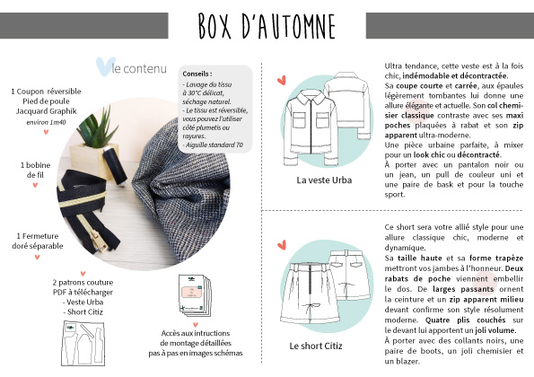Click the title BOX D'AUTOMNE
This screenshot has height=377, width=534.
pos(267,26)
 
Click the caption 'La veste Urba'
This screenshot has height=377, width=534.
pos(324,180)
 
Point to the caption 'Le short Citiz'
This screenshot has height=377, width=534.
pos(316,346)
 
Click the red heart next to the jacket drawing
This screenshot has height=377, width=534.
pos(282,81)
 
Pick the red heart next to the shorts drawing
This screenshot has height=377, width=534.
pos(282,245)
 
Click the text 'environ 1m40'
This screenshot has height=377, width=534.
pos(46,122)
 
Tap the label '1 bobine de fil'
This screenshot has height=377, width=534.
pos(35,170)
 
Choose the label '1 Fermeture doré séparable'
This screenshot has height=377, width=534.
pos(38,241)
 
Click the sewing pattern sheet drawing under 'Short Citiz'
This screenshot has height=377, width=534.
pos(83,343)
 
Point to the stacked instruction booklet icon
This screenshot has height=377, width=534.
pos(195,295)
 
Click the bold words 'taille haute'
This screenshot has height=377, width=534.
pos(420,259)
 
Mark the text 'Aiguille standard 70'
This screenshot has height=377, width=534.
pos(214,145)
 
